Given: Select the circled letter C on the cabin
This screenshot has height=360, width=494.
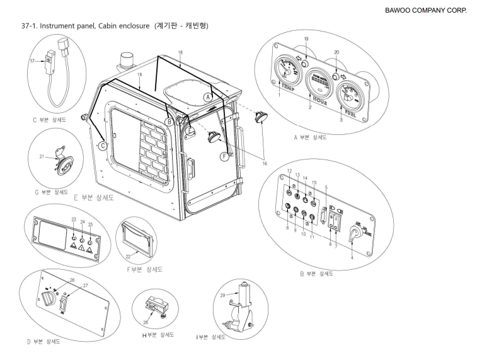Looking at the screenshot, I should [x=103, y=146].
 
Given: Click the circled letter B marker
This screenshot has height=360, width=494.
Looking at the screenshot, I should [x=169, y=120].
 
